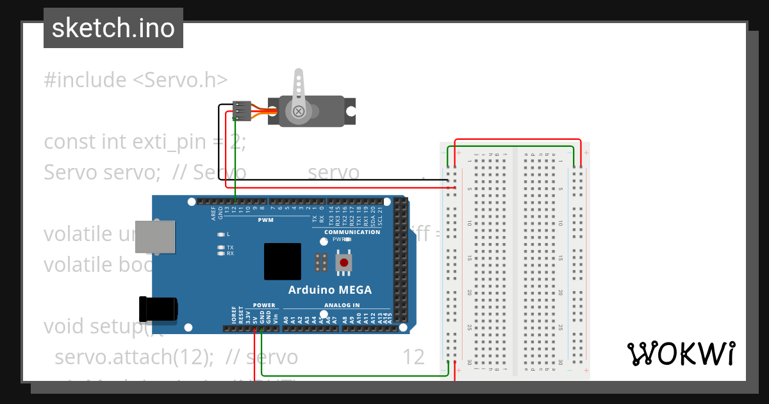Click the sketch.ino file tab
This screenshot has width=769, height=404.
click(113, 28)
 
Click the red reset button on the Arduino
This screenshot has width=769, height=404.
click(345, 262)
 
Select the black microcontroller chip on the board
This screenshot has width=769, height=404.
click(282, 262)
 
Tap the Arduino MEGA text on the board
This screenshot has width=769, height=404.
click(329, 290)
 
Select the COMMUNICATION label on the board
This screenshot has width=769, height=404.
click(352, 231)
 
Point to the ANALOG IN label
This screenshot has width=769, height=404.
click(342, 305)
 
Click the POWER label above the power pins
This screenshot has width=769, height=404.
click(263, 305)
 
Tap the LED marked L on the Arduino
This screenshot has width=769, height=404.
click(221, 235)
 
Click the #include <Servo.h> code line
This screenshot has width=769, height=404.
click(135, 80)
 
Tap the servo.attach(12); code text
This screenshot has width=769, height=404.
click(134, 357)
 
